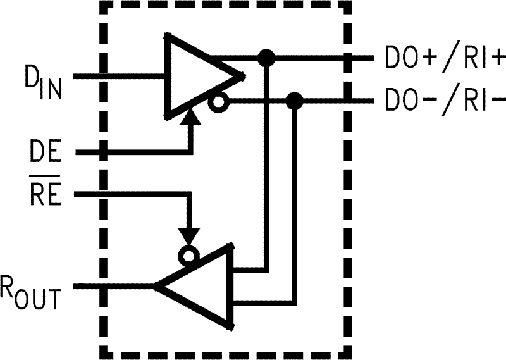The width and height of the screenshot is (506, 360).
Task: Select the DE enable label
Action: click(x=45, y=153)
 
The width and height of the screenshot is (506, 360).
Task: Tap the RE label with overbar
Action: click(x=45, y=194)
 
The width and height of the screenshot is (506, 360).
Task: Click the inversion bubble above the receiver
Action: click(x=188, y=256)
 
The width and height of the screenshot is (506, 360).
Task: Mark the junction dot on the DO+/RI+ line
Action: click(x=268, y=58)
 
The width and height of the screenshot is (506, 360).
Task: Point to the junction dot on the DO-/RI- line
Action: click(x=293, y=100)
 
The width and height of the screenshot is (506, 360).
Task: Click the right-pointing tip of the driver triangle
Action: click(x=244, y=77)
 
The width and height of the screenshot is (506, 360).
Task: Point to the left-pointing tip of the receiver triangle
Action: click(x=157, y=287)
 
